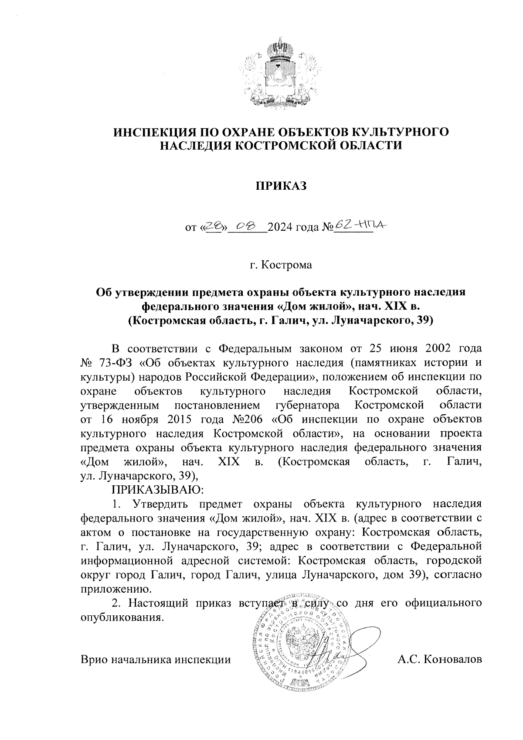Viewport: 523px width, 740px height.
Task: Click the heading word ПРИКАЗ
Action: tap(281, 186)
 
